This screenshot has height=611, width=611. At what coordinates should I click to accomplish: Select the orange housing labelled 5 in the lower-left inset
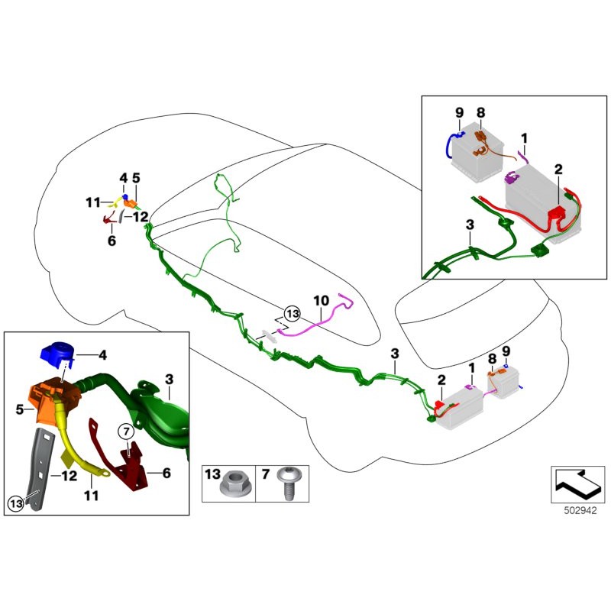click(x=47, y=400)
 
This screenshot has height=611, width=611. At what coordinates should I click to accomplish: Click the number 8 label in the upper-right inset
click(x=480, y=112)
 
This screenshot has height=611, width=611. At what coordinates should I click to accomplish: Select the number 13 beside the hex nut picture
click(x=214, y=475)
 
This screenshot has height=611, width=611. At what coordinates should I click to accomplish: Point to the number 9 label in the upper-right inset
click(x=459, y=112)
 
